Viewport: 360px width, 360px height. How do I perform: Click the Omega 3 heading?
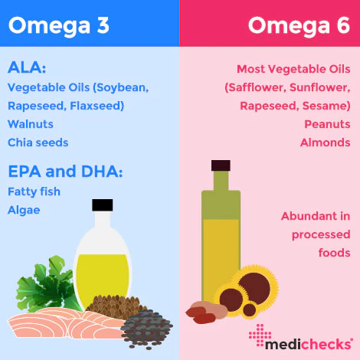[x=59, y=26]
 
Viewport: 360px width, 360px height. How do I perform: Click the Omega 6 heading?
[x=299, y=26]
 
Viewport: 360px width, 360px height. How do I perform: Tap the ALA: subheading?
[x=27, y=67]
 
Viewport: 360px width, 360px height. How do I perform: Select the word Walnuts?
[x=31, y=124]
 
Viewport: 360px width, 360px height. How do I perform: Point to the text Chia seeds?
[x=38, y=142]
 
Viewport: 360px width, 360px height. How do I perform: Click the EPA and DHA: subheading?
[x=65, y=171]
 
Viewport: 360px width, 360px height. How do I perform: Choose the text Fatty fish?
[x=34, y=191]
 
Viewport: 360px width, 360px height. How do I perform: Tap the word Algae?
[x=24, y=211]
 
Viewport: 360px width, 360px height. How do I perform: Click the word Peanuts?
[x=327, y=124]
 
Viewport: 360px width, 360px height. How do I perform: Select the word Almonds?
[x=326, y=142]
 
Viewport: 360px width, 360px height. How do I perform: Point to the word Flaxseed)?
[x=97, y=106]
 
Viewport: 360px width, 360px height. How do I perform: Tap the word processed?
[x=321, y=234]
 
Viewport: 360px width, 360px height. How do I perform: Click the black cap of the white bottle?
[x=103, y=205]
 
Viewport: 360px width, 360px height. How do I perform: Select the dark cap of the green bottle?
[x=221, y=165]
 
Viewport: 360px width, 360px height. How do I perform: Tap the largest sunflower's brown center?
[x=254, y=288]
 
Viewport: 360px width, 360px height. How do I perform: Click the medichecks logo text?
[x=309, y=344]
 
